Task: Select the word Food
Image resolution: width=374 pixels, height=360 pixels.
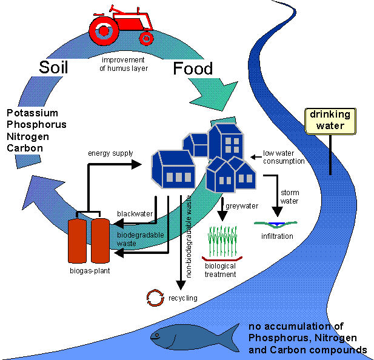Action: click(193, 68)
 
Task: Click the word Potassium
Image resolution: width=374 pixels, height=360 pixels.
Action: click(32, 113)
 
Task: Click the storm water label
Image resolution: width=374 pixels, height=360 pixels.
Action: click(290, 198)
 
